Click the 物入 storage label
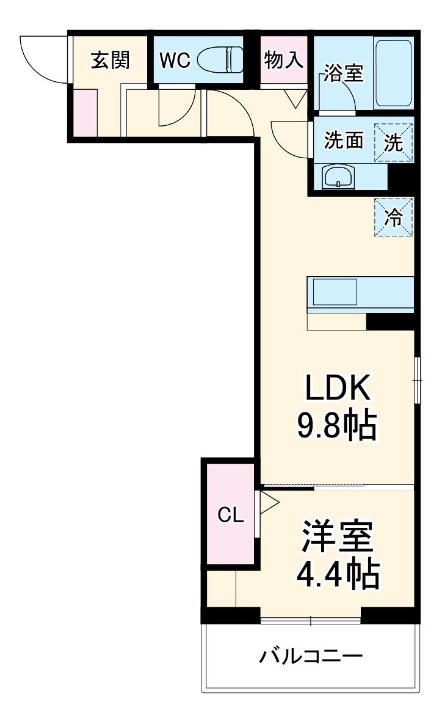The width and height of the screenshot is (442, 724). (x=284, y=60)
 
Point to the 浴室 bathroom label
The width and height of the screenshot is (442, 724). (x=344, y=74)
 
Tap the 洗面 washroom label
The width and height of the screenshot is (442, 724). (x=344, y=141)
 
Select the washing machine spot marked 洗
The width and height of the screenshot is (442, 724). (x=394, y=142)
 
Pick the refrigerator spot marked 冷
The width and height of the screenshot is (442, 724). (x=394, y=217)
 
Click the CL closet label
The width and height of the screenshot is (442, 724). (x=231, y=515)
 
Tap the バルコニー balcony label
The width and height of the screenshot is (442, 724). (x=311, y=657)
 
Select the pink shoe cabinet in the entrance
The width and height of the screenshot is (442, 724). (x=85, y=112)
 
